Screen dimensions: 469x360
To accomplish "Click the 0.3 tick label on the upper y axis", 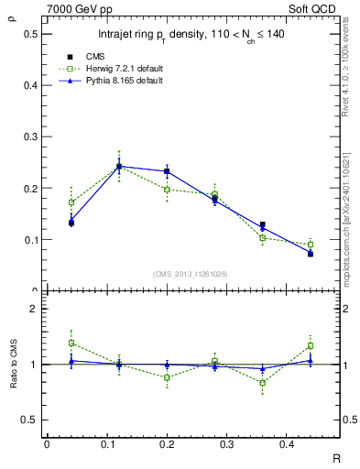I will [29, 137].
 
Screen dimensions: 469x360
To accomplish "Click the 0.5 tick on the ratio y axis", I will [29, 420].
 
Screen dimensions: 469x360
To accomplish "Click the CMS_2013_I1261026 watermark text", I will [192, 274].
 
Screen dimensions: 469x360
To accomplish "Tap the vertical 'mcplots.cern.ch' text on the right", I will [351, 229].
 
